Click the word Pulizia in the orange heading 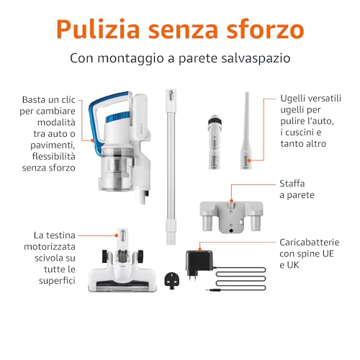pyautogui.click(x=98, y=29)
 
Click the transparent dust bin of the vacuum pyautogui.click(x=117, y=168)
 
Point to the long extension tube pyautogui.click(x=171, y=166)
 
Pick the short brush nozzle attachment pyautogui.click(x=215, y=142)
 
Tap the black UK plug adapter pyautogui.click(x=172, y=280)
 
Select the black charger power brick pyautogui.click(x=199, y=262)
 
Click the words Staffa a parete pyautogui.click(x=297, y=189)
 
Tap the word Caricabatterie pyautogui.click(x=310, y=243)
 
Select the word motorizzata pyautogui.click(x=50, y=247)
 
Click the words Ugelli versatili pyautogui.click(x=311, y=99)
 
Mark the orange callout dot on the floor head pyautogui.click(x=117, y=235)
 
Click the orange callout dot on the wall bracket pyautogui.click(x=231, y=201)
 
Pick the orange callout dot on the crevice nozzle pyautogui.click(x=249, y=161)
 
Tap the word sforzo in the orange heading pyautogui.click(x=265, y=30)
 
